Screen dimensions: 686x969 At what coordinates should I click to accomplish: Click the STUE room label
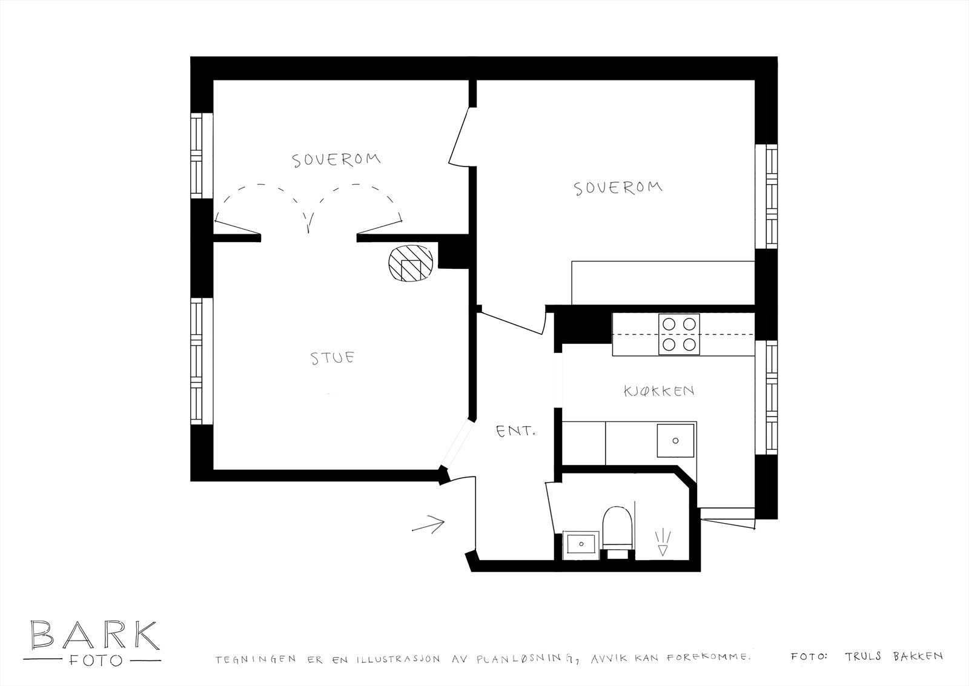coord(332,358)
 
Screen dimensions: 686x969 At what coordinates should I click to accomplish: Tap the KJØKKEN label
coord(659,391)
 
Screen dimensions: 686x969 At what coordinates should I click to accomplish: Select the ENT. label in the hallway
coord(515,432)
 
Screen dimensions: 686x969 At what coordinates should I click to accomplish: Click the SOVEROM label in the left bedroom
coord(337,160)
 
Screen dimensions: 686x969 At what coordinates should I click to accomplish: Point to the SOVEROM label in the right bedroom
coord(618,188)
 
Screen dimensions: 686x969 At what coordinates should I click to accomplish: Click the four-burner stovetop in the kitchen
coord(679,334)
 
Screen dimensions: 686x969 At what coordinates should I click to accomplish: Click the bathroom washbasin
coord(581,544)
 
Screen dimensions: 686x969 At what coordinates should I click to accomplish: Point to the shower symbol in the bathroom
coord(663,543)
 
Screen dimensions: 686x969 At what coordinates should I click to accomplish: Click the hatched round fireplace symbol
coord(410,264)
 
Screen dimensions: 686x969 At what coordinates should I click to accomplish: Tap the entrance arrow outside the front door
coord(429,523)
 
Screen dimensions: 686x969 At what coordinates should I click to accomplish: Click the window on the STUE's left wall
coord(198,361)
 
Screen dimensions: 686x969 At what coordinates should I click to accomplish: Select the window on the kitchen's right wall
coord(771,397)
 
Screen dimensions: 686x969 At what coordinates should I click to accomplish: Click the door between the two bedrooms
coord(460,136)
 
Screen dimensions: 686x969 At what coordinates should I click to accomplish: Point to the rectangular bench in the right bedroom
coord(663,282)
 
